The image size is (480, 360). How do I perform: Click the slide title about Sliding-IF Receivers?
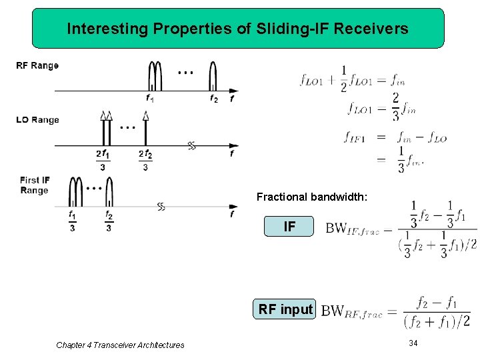click(x=238, y=29)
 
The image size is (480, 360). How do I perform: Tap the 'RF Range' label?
click(x=37, y=66)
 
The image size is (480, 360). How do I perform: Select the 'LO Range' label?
click(x=37, y=120)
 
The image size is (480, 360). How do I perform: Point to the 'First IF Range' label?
click(x=35, y=185)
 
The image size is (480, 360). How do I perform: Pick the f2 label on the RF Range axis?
click(x=213, y=98)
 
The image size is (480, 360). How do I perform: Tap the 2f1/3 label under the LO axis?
click(x=102, y=160)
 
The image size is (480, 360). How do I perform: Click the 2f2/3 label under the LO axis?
click(x=145, y=160)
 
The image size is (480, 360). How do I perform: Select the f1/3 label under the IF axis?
click(x=72, y=221)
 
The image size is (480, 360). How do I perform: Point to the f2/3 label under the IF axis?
click(x=109, y=221)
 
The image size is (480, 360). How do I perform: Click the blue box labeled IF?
click(x=289, y=227)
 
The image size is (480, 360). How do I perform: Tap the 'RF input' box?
click(x=286, y=309)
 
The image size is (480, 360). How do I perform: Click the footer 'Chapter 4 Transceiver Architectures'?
click(x=120, y=345)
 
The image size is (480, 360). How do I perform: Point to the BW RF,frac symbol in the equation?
click(x=352, y=311)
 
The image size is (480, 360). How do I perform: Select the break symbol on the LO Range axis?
click(x=192, y=146)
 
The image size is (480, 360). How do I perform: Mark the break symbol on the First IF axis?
click(x=161, y=207)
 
